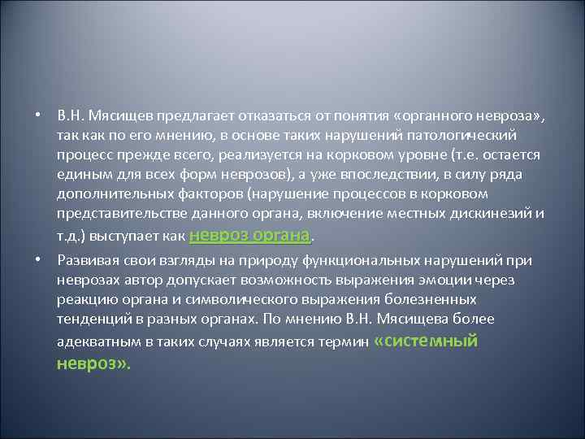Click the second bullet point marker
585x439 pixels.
(x=38, y=259)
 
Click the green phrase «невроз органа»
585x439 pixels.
(x=249, y=235)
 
